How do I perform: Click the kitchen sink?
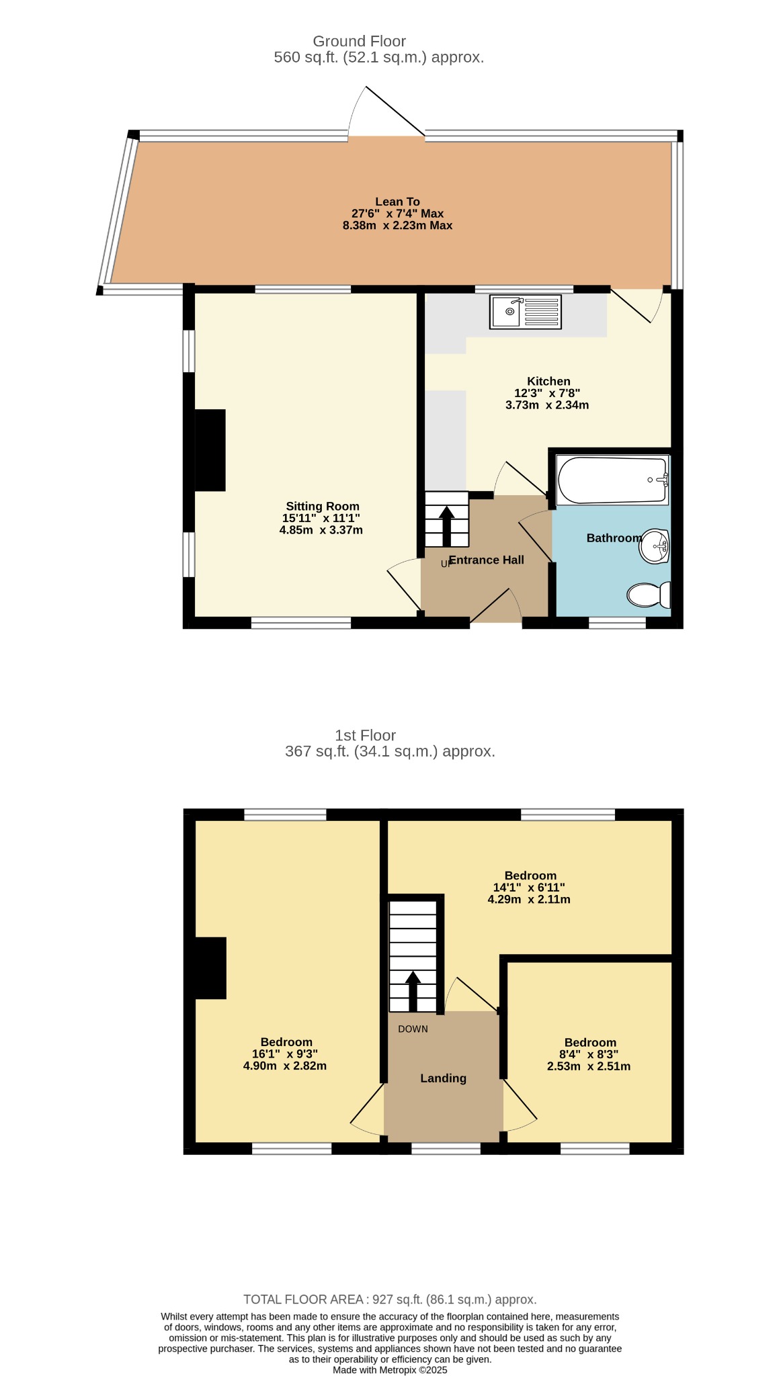coord(526,312)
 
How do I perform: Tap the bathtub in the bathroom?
coord(612,480)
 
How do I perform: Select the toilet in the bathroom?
coord(649,595)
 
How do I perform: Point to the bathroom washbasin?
coord(654,546)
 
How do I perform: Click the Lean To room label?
coord(397,202)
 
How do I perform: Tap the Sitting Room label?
coord(323,507)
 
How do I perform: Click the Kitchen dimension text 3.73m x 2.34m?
coord(547,405)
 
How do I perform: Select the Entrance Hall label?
coord(486,560)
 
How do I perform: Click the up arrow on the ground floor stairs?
coord(446,525)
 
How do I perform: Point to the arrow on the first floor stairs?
coord(413,991)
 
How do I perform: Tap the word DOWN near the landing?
coord(413,1029)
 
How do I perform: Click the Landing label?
coord(443,1078)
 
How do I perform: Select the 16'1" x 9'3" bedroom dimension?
coord(285,1054)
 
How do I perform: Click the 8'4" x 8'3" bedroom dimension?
coord(589,1054)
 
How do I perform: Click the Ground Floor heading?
coord(360,41)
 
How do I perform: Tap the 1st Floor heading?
coord(366,735)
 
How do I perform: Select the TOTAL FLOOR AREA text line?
coord(390,1299)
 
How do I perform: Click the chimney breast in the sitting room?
coord(210,450)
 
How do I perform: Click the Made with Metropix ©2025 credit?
coord(390,1370)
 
